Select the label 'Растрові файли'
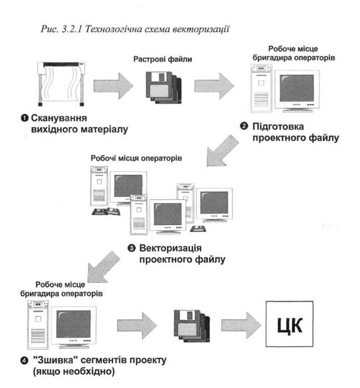[159, 58]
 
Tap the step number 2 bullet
[243, 125]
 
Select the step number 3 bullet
[131, 246]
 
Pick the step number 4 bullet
[23, 359]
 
